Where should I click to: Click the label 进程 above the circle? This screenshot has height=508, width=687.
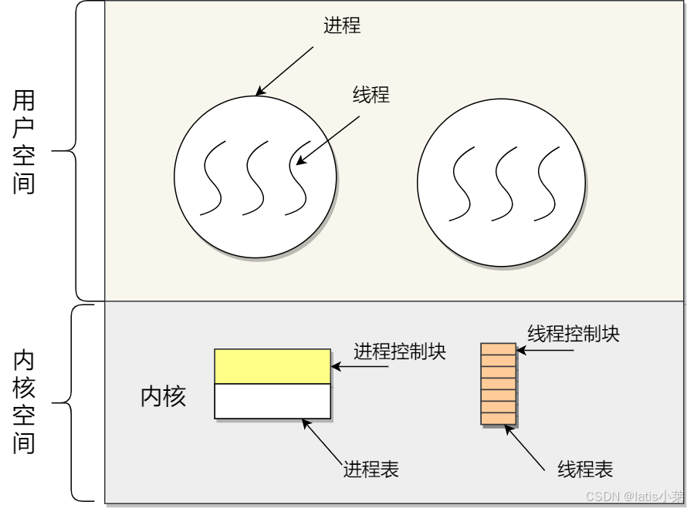pos(342,25)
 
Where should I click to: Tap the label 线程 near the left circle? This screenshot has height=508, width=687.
pos(371,95)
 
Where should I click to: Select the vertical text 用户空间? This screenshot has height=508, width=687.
pos(24,143)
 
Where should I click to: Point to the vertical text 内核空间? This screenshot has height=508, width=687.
pos(24,403)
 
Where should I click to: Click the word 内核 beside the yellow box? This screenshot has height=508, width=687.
pos(163,397)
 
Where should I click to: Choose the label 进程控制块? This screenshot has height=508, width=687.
pos(400,352)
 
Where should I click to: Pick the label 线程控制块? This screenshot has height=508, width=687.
pos(574,334)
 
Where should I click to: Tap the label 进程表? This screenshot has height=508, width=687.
pos(371,469)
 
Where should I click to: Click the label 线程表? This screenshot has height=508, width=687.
pos(585,469)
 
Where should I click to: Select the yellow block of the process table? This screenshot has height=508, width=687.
pos(272,366)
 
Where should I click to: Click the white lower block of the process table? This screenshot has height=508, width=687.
pos(272,401)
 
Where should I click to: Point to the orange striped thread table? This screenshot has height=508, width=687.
pos(498,383)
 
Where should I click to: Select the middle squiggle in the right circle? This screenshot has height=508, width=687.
pos(505,183)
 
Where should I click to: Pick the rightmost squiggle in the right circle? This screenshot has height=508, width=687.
pos(548,183)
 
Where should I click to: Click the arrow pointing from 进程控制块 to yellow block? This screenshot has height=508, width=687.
pos(359,367)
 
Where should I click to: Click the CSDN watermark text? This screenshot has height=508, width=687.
pos(634,496)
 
